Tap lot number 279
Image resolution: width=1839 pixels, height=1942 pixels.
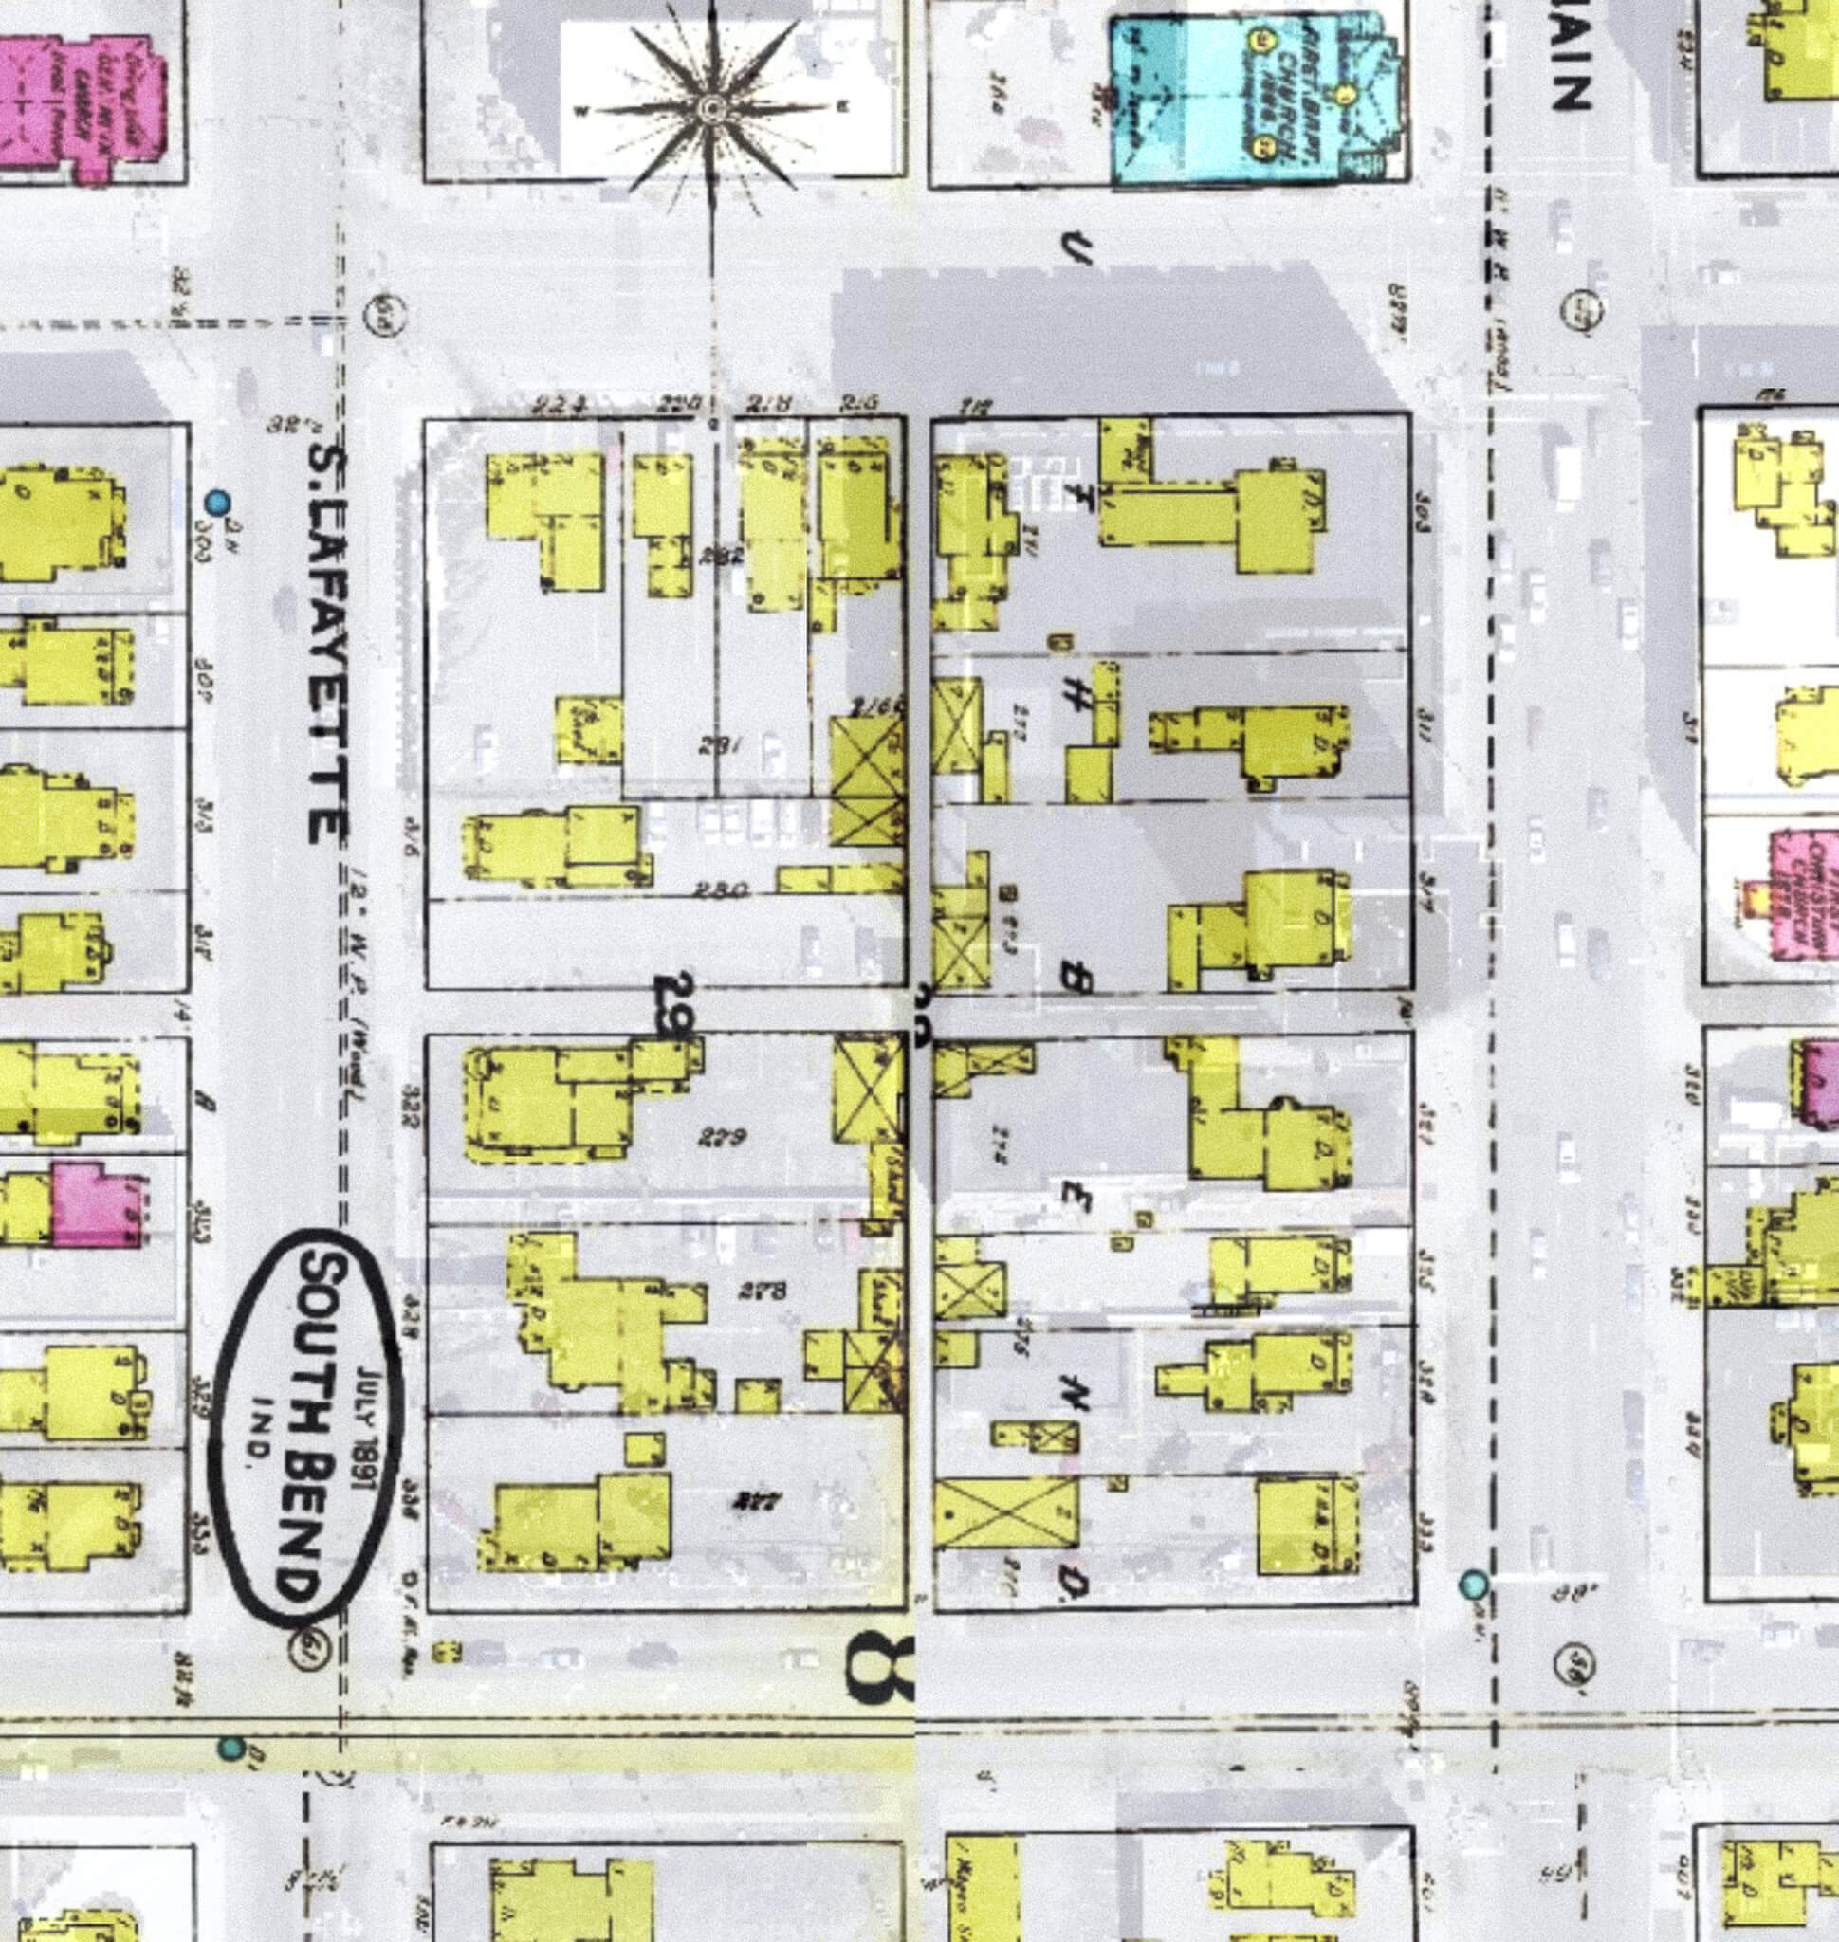[724, 1137]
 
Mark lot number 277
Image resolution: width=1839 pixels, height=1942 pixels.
[751, 1501]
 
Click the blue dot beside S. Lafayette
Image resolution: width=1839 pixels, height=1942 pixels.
[216, 503]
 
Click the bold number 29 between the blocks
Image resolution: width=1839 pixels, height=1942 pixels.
[674, 1005]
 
